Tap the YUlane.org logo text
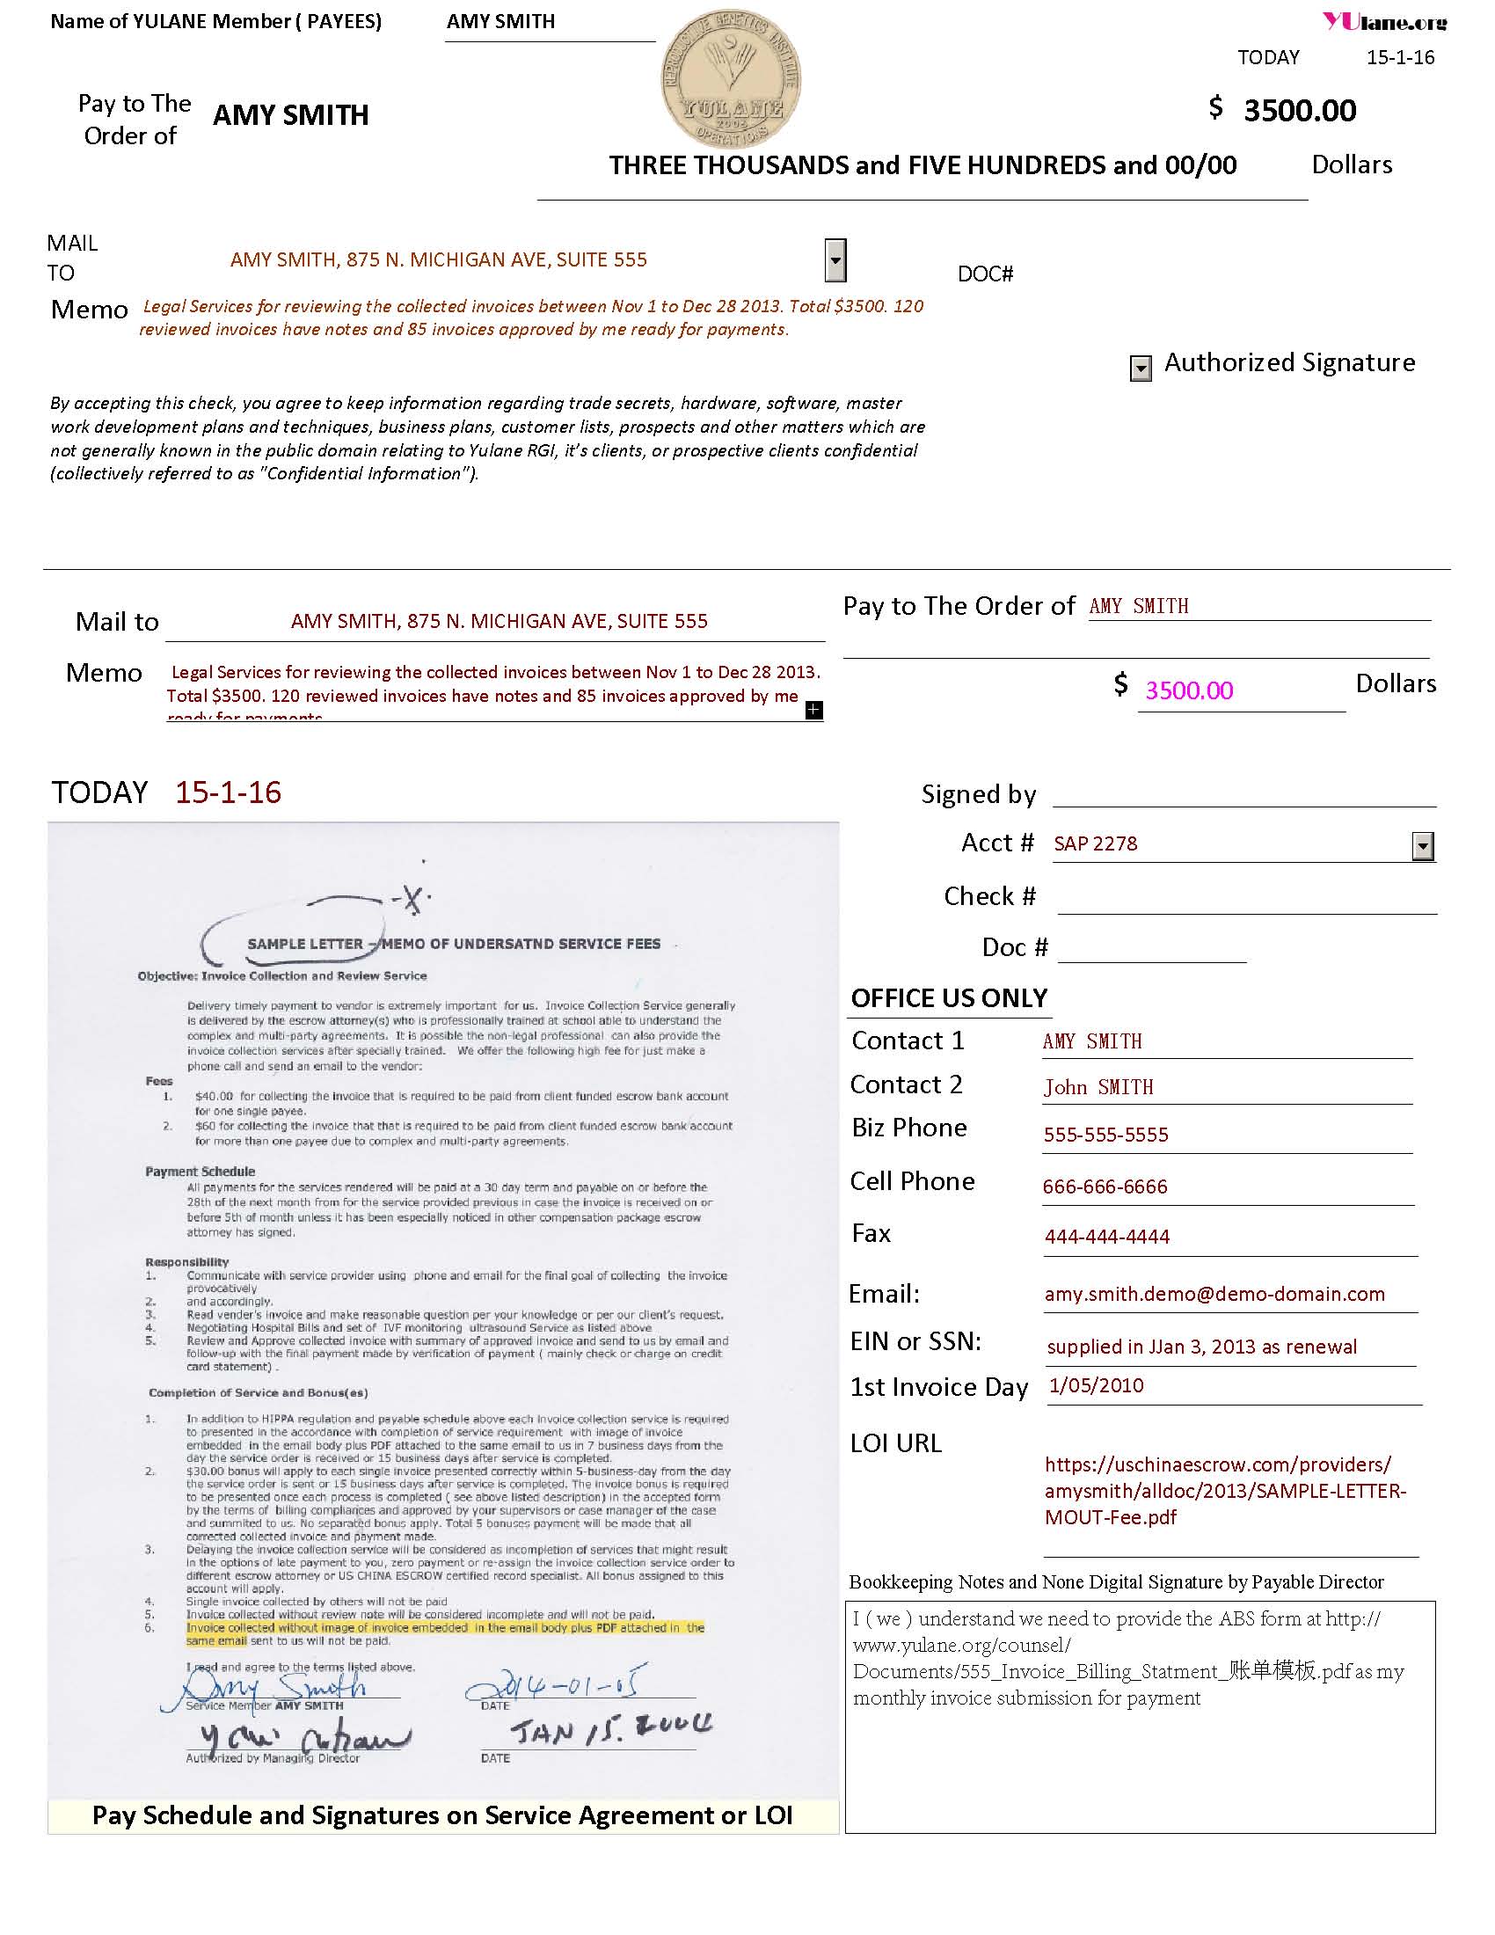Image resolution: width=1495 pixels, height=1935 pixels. (1384, 21)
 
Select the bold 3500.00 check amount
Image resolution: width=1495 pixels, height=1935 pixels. (1299, 111)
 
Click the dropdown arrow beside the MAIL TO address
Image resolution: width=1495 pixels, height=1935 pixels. (835, 259)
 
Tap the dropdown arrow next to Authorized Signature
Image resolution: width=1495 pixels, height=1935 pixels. (1141, 367)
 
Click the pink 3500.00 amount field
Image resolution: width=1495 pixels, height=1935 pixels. (1189, 690)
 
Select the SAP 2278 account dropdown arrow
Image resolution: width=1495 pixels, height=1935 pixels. (1422, 846)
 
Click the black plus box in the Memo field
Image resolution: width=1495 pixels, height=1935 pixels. (814, 710)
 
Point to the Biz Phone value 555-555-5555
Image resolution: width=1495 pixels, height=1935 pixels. (1105, 1135)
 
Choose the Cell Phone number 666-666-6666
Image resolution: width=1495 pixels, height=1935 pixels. (1105, 1187)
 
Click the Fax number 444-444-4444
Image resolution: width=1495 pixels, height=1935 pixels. (1107, 1237)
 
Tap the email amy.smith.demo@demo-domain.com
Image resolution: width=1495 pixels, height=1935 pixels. (1214, 1294)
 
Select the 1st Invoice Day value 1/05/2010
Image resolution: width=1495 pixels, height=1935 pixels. (1097, 1384)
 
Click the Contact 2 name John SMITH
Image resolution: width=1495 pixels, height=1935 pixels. (1098, 1087)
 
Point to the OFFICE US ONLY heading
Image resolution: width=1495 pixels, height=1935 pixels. (949, 998)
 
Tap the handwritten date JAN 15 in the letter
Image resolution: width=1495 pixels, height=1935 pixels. (611, 1729)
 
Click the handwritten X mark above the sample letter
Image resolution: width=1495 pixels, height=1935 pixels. (411, 900)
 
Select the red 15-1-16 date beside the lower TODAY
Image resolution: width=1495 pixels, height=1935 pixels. (228, 792)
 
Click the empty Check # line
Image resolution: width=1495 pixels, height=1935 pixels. (1245, 898)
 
